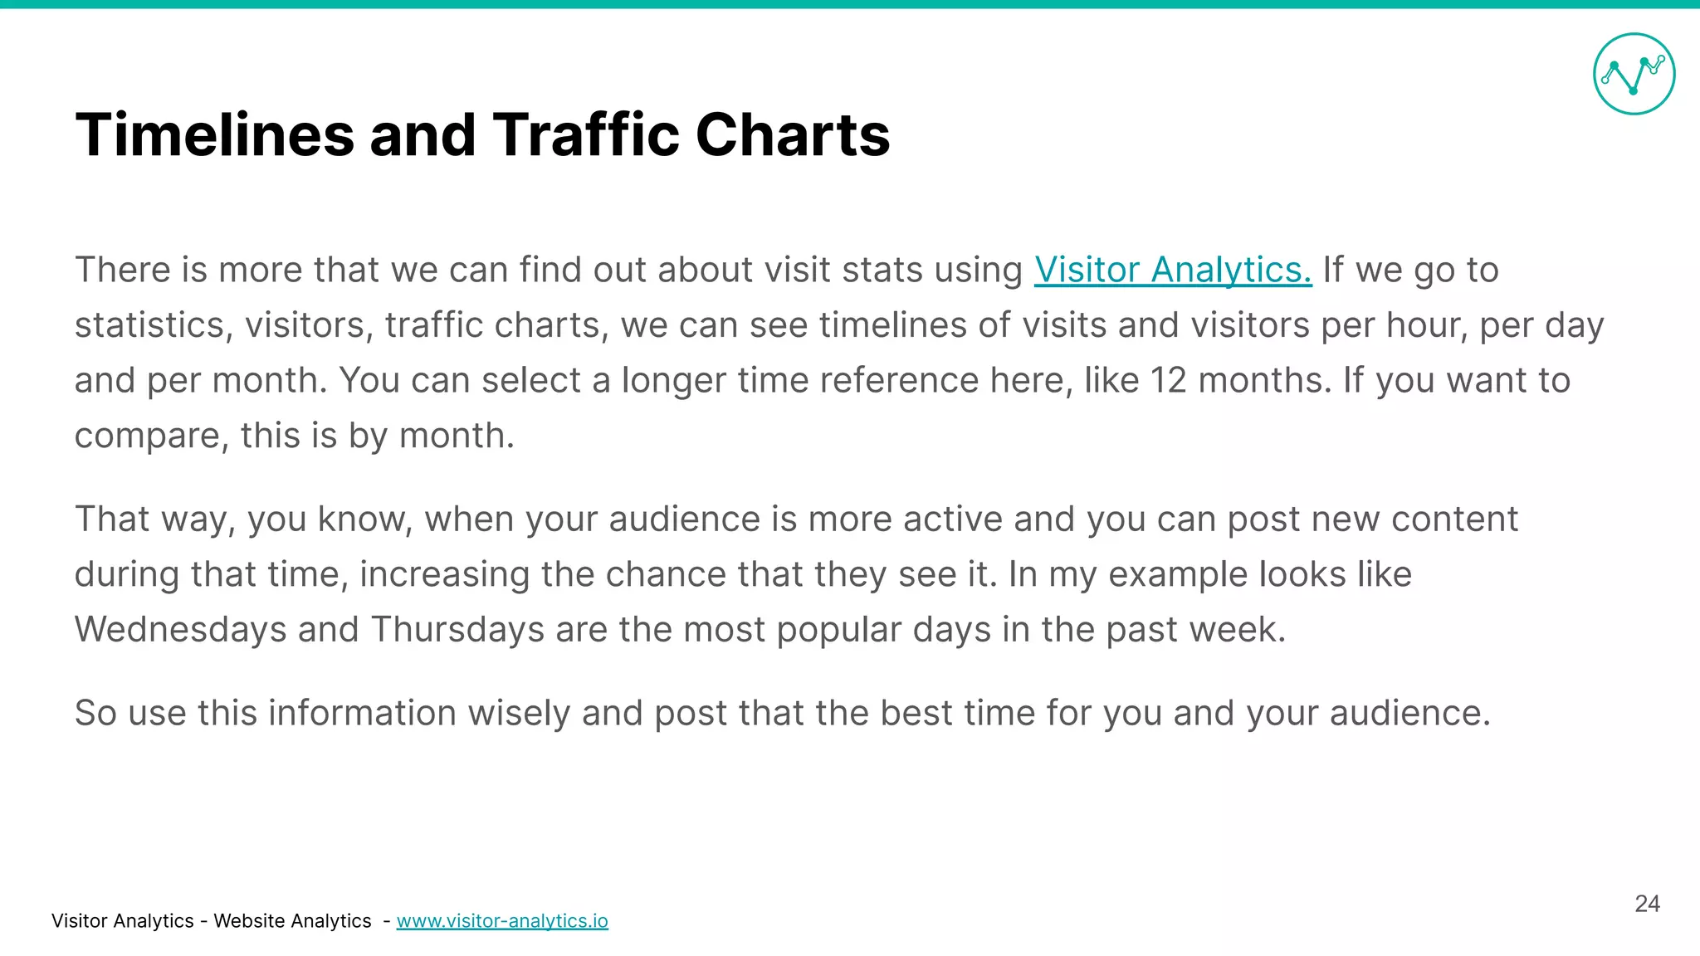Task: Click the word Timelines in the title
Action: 215,134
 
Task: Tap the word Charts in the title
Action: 793,134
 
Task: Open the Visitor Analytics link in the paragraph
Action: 1172,270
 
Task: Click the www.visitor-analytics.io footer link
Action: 502,921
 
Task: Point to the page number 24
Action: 1647,904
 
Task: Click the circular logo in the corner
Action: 1634,74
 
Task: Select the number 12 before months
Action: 1168,380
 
